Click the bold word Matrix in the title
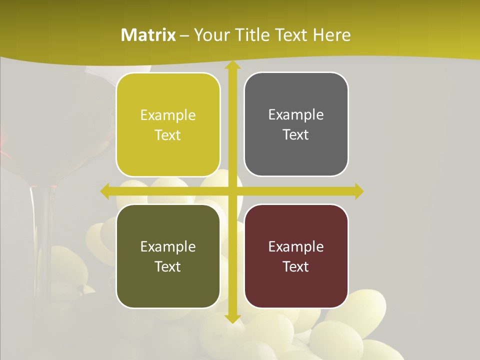(x=148, y=35)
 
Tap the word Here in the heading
(x=332, y=35)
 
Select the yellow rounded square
(x=168, y=125)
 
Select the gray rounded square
(x=296, y=124)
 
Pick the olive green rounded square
(x=168, y=256)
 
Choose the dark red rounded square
(x=296, y=256)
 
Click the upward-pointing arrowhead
(x=232, y=66)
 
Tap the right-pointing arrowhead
(x=358, y=191)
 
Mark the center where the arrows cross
(x=232, y=191)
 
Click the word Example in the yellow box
(x=168, y=115)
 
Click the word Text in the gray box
(x=296, y=135)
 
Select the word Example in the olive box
(x=168, y=246)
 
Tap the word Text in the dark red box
(x=296, y=266)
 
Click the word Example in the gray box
(x=296, y=115)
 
